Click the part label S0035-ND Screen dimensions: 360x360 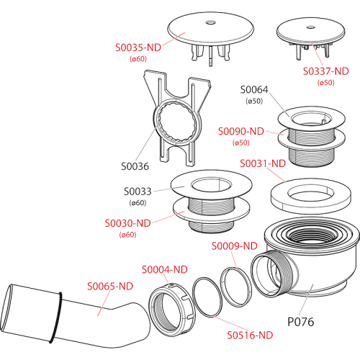(138, 48)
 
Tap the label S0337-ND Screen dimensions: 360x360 (325, 71)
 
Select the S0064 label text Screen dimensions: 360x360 (254, 90)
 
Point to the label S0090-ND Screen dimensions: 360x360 (241, 132)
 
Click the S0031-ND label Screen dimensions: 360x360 (263, 163)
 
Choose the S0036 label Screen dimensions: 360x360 (135, 166)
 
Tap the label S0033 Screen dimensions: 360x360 (138, 192)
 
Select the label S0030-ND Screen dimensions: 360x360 (127, 223)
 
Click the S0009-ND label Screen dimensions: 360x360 (235, 246)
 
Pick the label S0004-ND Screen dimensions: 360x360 (165, 270)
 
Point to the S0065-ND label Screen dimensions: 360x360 (110, 287)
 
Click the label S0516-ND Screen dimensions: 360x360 (250, 336)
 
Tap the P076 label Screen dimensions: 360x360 (301, 322)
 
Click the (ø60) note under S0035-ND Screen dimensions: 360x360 (138, 59)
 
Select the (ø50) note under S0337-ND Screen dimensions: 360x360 (325, 83)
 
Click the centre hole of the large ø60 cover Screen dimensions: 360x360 (210, 23)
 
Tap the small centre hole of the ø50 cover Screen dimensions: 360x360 (311, 27)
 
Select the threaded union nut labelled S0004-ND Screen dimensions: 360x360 (172, 310)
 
